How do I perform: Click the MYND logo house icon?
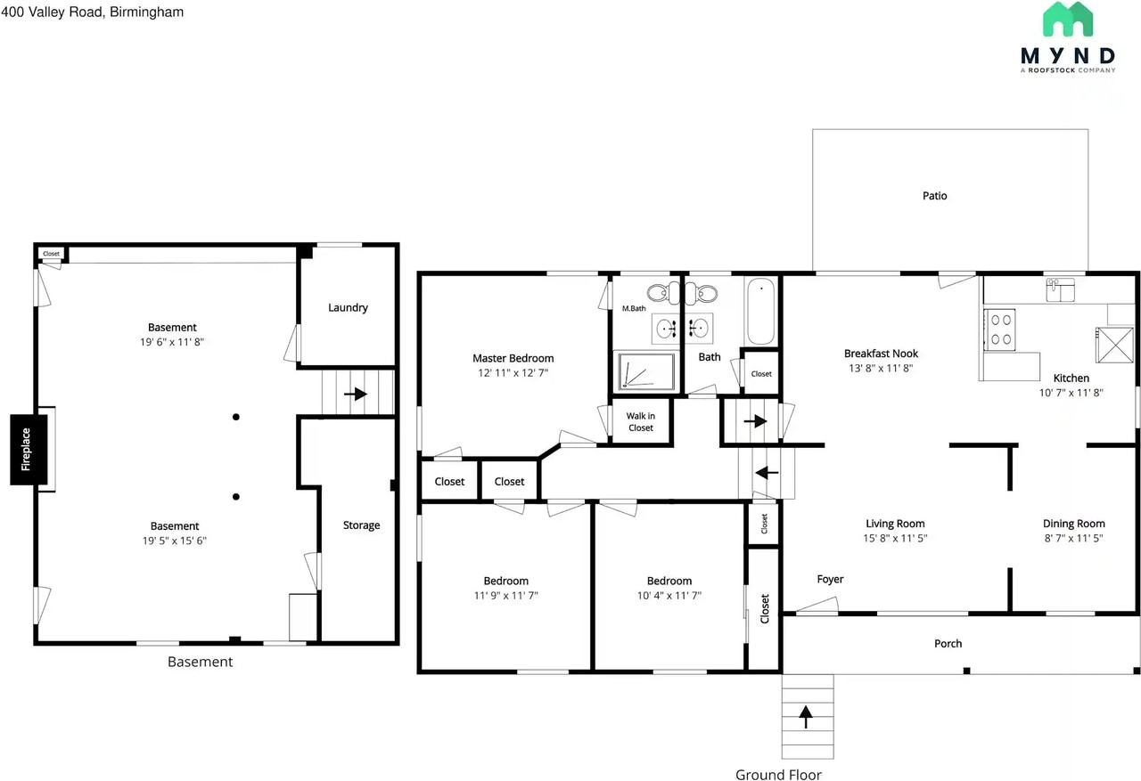coord(1068,20)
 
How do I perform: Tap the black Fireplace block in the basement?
coord(28,450)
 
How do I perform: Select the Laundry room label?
coord(348,307)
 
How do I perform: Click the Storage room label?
coord(361,525)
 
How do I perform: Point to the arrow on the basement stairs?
coord(357,394)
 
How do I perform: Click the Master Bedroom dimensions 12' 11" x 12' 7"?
coord(513,373)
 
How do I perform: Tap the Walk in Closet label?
coord(640,422)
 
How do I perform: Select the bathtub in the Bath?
coord(761,312)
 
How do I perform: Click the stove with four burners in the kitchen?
coord(999,329)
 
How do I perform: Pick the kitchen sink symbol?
coord(1061,289)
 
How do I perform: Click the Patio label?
coord(934,195)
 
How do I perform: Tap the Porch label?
coord(948,643)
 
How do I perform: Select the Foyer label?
coord(830,580)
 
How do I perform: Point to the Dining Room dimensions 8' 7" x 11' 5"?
coord(1073,538)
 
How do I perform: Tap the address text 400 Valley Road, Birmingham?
coord(93,12)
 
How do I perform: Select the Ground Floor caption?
coord(778,775)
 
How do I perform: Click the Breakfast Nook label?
coord(881,354)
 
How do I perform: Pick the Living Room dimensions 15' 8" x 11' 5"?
coord(895,538)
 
